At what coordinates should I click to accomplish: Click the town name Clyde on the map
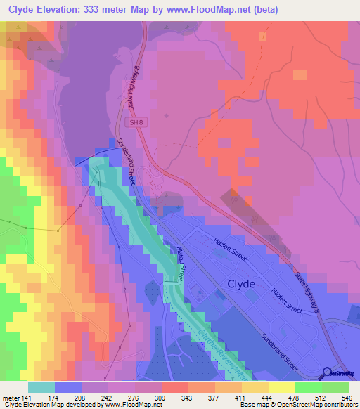(x=245, y=284)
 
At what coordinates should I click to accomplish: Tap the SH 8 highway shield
(x=139, y=122)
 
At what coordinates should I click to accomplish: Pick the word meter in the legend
(x=10, y=397)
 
